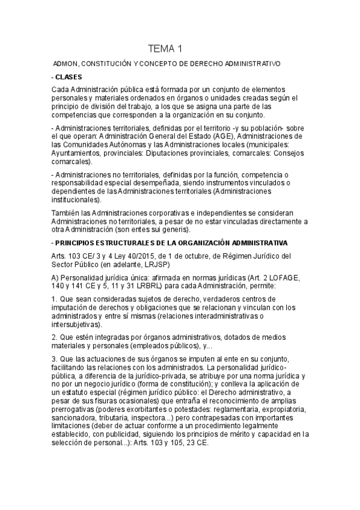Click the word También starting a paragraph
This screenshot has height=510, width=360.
(x=64, y=214)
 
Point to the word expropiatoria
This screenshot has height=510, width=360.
(x=266, y=408)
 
